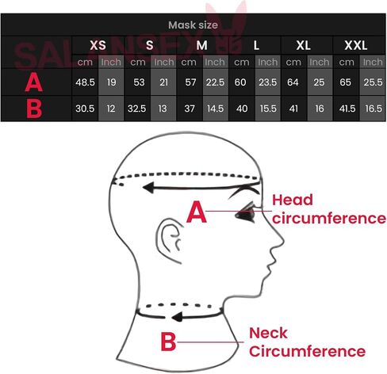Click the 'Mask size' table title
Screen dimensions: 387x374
coord(193,25)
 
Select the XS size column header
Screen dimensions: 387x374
coord(98,45)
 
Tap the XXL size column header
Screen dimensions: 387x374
coord(356,45)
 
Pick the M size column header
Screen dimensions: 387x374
coord(201,45)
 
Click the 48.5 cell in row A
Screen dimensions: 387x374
coord(85,82)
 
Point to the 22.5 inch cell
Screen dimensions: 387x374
coord(215,82)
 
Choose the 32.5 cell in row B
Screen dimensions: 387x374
coord(136,109)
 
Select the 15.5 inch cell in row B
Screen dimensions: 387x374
coord(268,109)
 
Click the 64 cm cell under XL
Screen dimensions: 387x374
coord(293,82)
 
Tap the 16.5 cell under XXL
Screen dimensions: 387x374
coord(374,109)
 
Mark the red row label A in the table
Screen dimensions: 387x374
coord(34,82)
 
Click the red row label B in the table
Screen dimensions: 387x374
coord(34,109)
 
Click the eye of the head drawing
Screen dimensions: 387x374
coord(245,213)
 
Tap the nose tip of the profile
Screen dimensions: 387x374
coord(283,241)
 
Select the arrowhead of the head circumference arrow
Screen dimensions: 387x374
coord(148,188)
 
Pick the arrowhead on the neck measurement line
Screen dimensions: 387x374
coord(177,317)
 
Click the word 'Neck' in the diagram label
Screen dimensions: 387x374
coord(268,333)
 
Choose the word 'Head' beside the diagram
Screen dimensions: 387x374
coord(293,200)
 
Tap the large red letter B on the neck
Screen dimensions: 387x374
coord(168,342)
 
